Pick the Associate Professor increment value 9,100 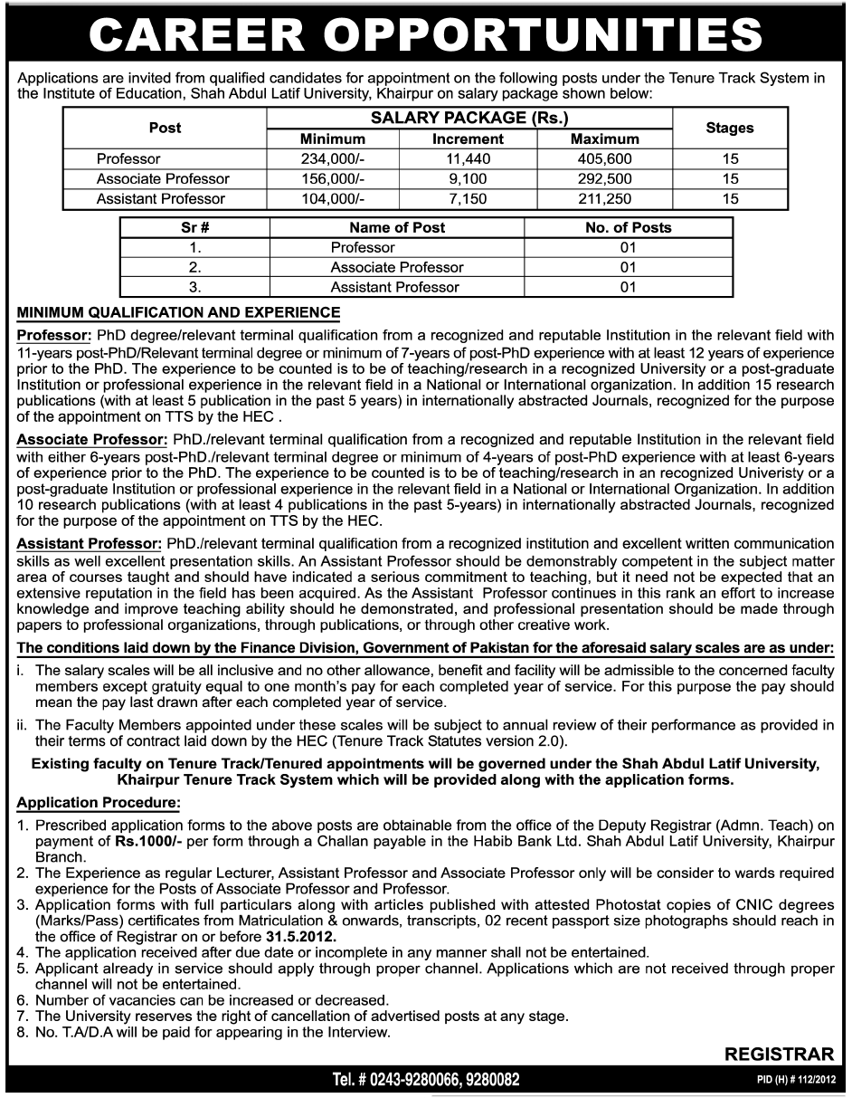click(468, 179)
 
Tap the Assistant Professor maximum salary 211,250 click(604, 199)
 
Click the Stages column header click(729, 129)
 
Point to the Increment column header click(468, 139)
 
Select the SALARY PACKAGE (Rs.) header click(469, 119)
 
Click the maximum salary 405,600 click(604, 159)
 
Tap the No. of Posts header click(628, 228)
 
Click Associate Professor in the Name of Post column click(396, 268)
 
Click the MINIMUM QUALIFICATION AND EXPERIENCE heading click(178, 313)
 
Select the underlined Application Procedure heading click(99, 802)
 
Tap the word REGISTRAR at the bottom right click(779, 1054)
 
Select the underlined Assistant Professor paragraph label click(89, 544)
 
